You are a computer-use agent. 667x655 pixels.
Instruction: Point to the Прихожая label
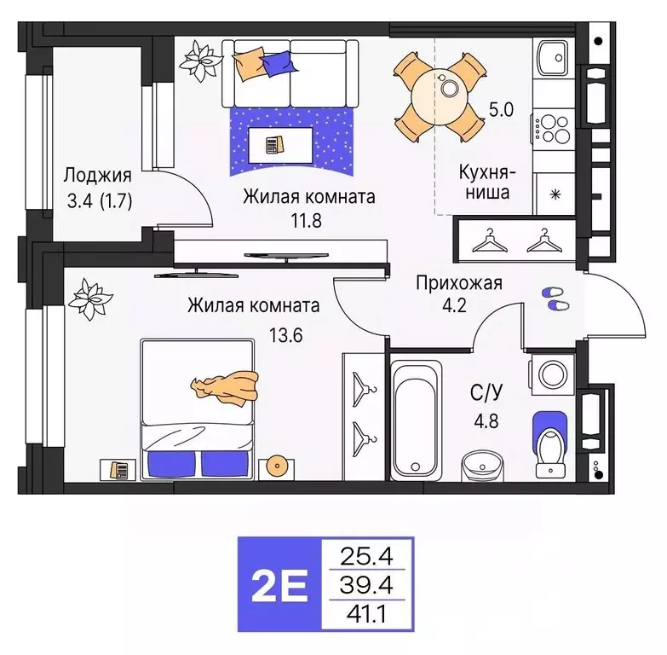coord(458,283)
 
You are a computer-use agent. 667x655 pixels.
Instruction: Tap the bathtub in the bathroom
coord(417,419)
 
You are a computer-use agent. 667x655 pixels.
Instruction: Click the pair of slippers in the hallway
coord(554,298)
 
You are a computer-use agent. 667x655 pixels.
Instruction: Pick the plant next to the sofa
coord(202,58)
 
